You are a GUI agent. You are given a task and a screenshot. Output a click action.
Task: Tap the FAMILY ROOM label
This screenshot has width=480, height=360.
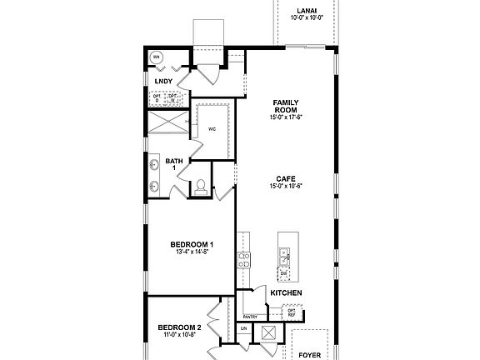[285, 107]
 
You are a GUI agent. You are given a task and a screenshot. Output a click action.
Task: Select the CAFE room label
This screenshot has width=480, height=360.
[285, 178]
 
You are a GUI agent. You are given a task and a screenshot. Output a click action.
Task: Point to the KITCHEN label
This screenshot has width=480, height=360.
[286, 293]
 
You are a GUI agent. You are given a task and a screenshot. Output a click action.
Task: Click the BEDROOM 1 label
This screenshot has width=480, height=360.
[192, 244]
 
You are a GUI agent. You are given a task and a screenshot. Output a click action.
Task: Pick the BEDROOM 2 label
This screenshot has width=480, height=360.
[179, 327]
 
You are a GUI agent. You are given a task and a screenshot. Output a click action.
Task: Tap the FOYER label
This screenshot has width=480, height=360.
[310, 354]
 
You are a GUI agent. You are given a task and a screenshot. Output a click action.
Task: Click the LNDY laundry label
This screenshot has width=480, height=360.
[163, 81]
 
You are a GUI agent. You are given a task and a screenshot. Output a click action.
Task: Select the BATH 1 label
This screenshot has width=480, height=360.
[174, 164]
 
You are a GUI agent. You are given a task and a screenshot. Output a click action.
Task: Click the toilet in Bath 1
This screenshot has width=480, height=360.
[201, 187]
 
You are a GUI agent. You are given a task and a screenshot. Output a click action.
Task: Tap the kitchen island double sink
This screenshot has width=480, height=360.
[285, 253]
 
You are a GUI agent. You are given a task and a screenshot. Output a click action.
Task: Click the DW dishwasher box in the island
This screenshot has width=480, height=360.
[284, 272]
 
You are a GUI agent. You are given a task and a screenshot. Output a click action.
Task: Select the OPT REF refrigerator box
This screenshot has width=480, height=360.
[292, 313]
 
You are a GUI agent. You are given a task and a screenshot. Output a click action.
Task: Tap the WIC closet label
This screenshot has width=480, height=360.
[212, 130]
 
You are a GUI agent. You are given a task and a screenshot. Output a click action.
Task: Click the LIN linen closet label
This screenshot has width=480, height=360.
[243, 329]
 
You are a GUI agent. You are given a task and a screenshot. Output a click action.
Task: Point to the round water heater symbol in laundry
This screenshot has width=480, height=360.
[157, 57]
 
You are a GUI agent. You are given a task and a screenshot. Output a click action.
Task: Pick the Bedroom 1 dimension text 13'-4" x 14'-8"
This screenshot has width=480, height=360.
[192, 252]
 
